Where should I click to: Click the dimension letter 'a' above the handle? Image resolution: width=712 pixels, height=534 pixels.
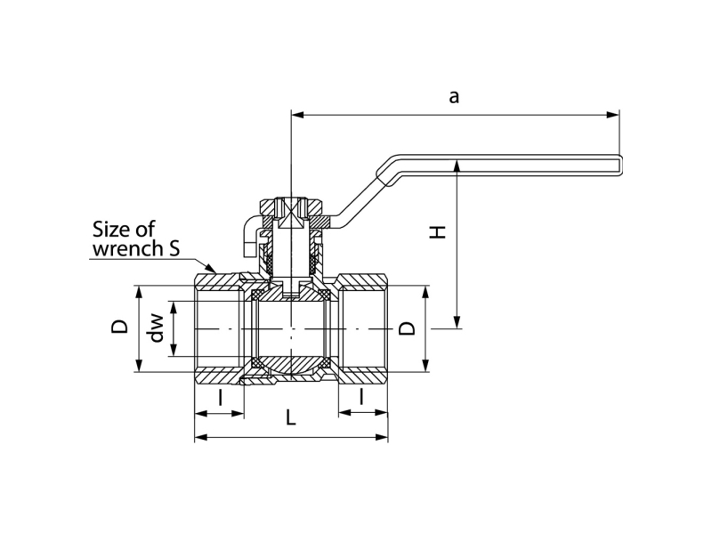click(454, 97)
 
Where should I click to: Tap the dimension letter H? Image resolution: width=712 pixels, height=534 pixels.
click(438, 232)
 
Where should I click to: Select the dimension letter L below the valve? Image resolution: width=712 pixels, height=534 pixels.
click(291, 417)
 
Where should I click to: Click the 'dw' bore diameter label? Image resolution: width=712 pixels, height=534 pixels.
click(157, 328)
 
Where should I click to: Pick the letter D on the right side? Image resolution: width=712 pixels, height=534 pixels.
click(407, 328)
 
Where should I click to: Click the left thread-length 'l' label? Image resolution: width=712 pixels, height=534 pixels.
click(220, 396)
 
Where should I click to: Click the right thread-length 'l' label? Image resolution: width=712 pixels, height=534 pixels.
click(361, 396)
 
